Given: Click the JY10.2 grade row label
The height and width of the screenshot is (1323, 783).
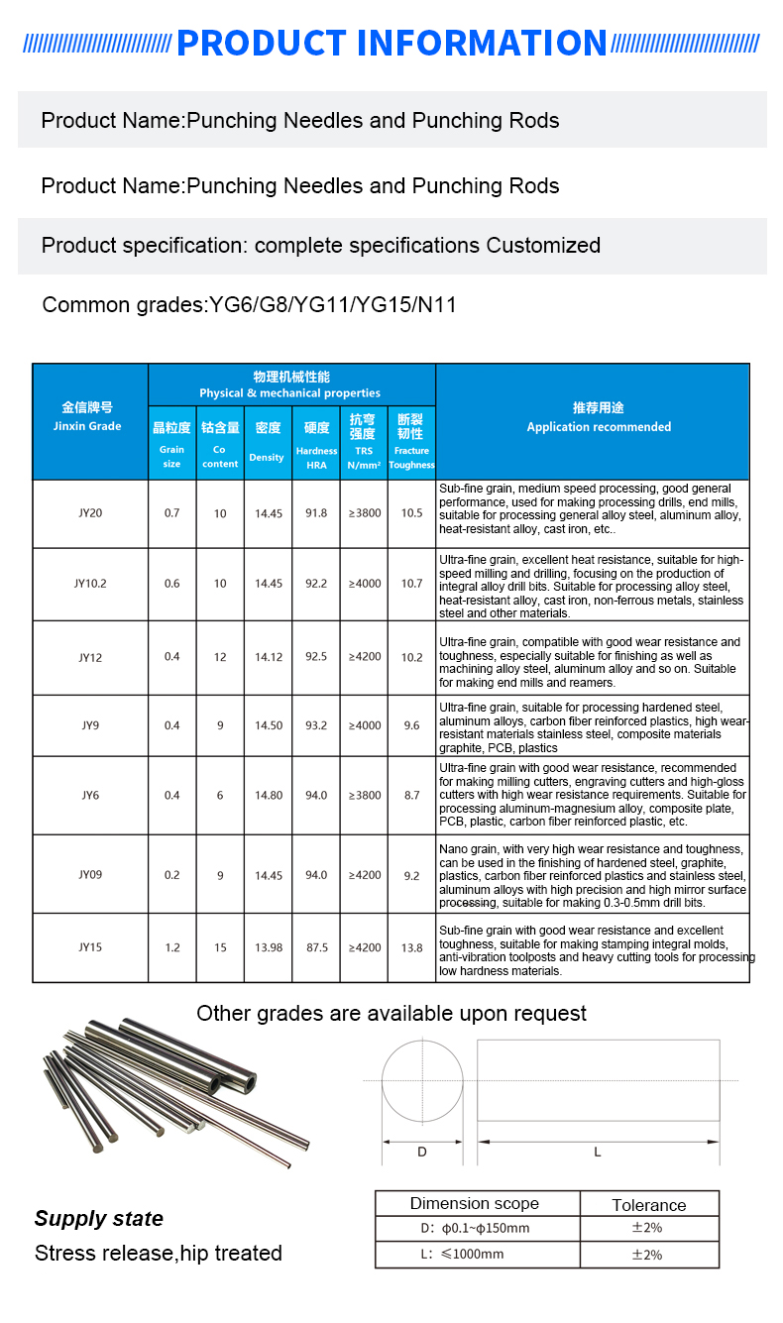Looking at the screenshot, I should click(90, 584).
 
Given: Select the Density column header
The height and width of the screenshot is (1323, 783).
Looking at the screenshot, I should click(268, 441).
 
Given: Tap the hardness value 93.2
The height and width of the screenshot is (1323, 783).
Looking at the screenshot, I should click(316, 725).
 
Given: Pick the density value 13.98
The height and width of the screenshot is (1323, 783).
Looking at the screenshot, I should click(268, 947).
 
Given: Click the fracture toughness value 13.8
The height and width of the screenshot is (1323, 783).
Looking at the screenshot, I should click(411, 947).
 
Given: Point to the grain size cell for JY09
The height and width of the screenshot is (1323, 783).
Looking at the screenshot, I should click(172, 875).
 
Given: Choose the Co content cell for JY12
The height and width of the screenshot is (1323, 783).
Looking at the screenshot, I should click(220, 657).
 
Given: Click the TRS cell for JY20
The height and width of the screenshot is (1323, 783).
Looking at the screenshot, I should click(364, 513).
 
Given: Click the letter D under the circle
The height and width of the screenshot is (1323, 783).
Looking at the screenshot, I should click(421, 1152).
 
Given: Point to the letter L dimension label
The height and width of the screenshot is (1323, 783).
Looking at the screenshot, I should click(598, 1152).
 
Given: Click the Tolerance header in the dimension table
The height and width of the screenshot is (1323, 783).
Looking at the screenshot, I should click(649, 1205).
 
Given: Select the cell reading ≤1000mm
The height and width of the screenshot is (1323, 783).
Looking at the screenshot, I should click(475, 1255).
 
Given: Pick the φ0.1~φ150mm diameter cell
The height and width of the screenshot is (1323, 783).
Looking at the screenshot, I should click(475, 1229).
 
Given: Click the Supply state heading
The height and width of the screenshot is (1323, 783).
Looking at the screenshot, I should click(99, 1219).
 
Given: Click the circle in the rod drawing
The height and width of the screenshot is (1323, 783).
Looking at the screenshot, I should click(422, 1080).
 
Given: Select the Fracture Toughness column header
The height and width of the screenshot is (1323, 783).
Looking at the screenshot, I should click(411, 441).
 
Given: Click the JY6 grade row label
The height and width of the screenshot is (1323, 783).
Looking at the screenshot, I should click(90, 795).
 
